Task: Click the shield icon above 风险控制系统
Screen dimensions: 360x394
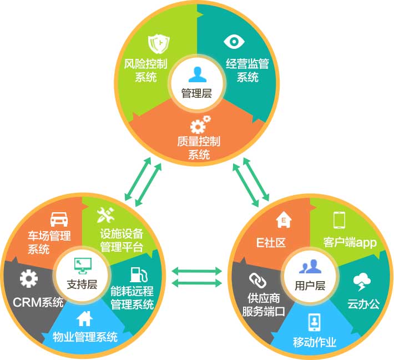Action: click(x=158, y=43)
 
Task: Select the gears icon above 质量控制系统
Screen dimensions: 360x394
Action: click(x=199, y=123)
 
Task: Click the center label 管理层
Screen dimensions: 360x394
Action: click(x=196, y=93)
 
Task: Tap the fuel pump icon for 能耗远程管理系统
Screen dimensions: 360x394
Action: click(x=136, y=274)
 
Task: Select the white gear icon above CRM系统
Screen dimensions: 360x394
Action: click(x=28, y=279)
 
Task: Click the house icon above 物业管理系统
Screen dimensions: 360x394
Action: click(x=84, y=318)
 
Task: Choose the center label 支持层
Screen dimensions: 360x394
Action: click(x=82, y=284)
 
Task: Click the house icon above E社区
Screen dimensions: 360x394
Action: click(x=284, y=220)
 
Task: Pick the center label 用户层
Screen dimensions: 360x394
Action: click(x=310, y=286)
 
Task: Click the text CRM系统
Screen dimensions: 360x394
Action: click(x=38, y=303)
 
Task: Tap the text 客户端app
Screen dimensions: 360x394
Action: click(x=350, y=243)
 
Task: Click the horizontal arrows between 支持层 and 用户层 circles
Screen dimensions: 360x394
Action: click(x=197, y=277)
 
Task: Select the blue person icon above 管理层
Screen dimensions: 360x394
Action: click(x=196, y=74)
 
